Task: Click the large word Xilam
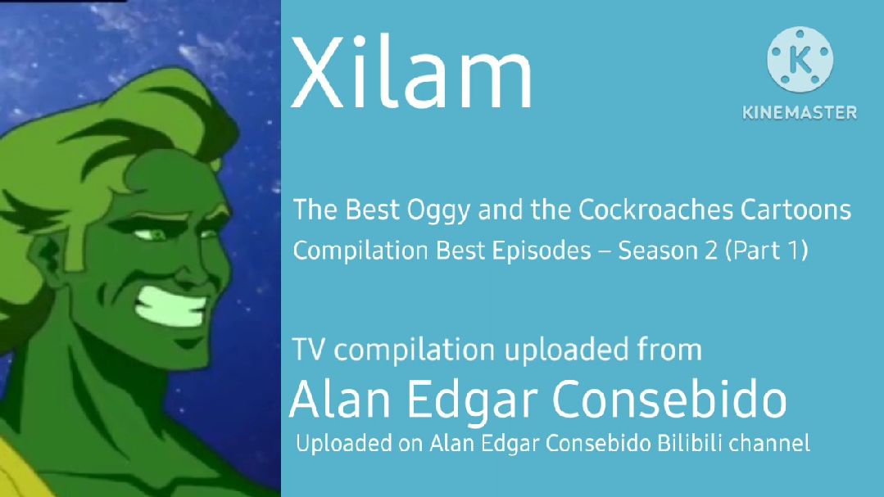pyautogui.click(x=411, y=72)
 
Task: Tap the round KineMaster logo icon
pyautogui.click(x=800, y=59)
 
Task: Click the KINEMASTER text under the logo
pyautogui.click(x=800, y=113)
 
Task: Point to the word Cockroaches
pyautogui.click(x=655, y=210)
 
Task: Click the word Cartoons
pyautogui.click(x=796, y=210)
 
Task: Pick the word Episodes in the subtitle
pyautogui.click(x=542, y=251)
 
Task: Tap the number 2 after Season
pyautogui.click(x=710, y=251)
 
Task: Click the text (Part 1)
pyautogui.click(x=766, y=251)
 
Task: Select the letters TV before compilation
pyautogui.click(x=308, y=350)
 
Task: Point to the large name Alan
pyautogui.click(x=340, y=399)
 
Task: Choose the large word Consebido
pyautogui.click(x=669, y=398)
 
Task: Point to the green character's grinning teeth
pyautogui.click(x=171, y=307)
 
